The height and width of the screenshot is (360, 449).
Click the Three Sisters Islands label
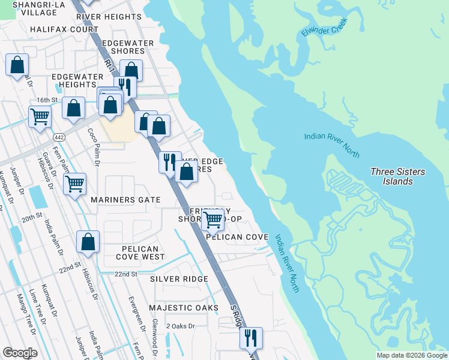[397, 176]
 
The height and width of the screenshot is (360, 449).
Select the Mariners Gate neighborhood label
[125, 200]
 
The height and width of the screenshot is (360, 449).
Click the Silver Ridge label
[179, 279]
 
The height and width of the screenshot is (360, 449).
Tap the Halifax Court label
[64, 29]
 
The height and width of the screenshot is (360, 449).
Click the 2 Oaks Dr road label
[181, 326]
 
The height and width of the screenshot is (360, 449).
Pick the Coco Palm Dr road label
[92, 142]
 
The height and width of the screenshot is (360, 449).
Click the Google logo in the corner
[20, 353]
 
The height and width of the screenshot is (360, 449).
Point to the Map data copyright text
[411, 355]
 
